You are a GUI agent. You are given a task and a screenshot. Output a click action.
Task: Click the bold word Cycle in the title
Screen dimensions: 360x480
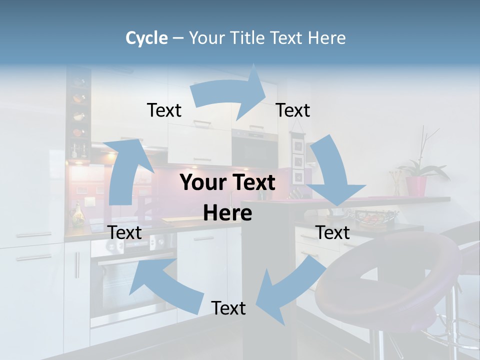pos(146,38)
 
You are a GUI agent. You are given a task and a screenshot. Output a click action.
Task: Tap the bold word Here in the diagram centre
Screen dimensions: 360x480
pos(227,213)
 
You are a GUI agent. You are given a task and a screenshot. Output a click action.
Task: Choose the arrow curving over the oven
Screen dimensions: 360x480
pos(160,285)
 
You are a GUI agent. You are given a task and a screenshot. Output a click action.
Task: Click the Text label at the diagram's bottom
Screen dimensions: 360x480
pos(228,308)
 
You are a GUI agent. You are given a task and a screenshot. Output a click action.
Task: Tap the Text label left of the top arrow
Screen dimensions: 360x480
pos(164,110)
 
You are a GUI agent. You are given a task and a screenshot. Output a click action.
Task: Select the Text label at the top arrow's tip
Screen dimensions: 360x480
pos(293,110)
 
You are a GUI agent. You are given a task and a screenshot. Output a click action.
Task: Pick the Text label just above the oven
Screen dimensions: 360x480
pos(124,232)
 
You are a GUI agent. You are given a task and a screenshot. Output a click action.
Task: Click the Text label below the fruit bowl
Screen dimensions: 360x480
pos(332,232)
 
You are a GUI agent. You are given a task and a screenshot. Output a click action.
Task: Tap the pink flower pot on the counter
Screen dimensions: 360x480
pos(416,185)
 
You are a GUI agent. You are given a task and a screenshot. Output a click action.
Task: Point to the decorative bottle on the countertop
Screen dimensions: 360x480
pos(78,215)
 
